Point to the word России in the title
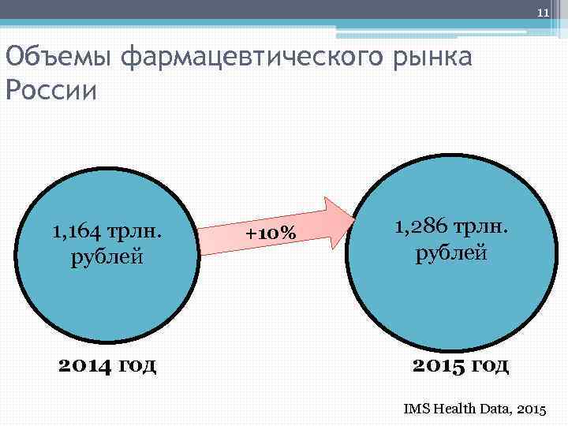(50, 90)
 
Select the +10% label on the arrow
(271, 234)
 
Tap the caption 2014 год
(108, 364)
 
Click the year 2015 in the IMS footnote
(534, 409)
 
